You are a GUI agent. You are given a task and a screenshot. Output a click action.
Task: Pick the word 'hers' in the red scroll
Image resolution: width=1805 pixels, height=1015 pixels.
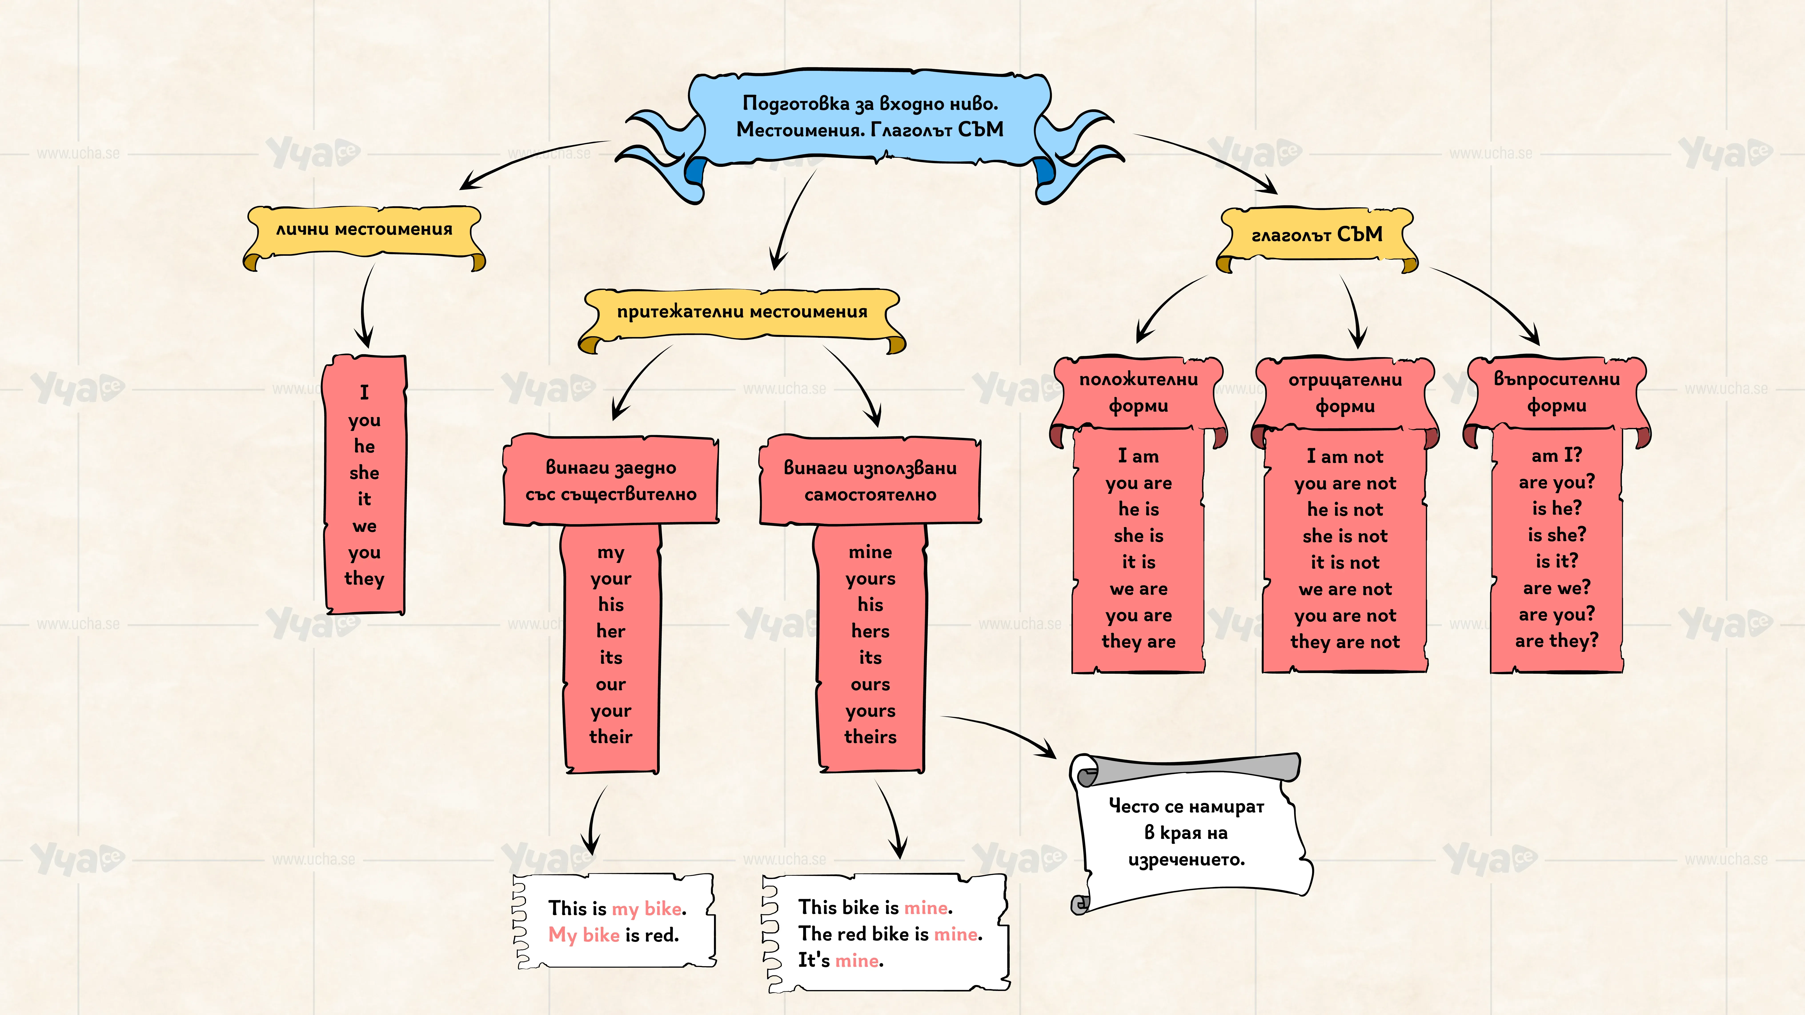coord(870,631)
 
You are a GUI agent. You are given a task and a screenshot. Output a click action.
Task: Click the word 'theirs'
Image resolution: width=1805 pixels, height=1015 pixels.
coord(870,737)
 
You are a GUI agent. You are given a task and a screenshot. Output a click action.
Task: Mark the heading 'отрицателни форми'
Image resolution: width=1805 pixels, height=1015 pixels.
coord(1345,393)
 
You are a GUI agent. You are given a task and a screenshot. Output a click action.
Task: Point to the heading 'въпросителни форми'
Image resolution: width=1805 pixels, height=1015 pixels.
coord(1556,392)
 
